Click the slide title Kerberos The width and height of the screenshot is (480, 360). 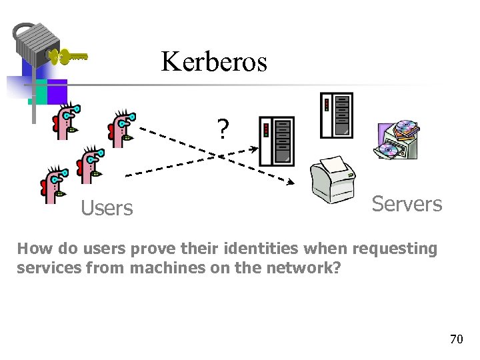coord(213,62)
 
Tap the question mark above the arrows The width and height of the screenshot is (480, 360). coord(223,128)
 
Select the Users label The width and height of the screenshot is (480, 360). coord(107,209)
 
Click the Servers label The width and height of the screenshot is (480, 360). coord(407,204)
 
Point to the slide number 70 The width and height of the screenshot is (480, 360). coord(456,339)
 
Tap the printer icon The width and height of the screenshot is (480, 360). coord(333,176)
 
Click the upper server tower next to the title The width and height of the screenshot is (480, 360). coord(336,115)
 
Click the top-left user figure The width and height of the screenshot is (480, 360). coord(66,121)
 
